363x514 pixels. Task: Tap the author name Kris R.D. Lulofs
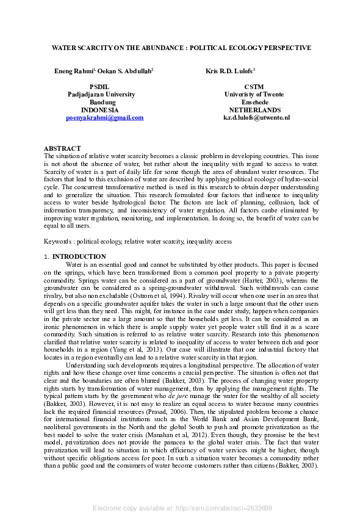[229, 71]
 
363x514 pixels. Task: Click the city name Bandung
[102, 103]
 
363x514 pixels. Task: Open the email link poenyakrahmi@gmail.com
[104, 117]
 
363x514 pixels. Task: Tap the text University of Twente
[254, 95]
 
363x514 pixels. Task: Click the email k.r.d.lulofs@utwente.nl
[256, 117]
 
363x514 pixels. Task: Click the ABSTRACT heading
[62, 148]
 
